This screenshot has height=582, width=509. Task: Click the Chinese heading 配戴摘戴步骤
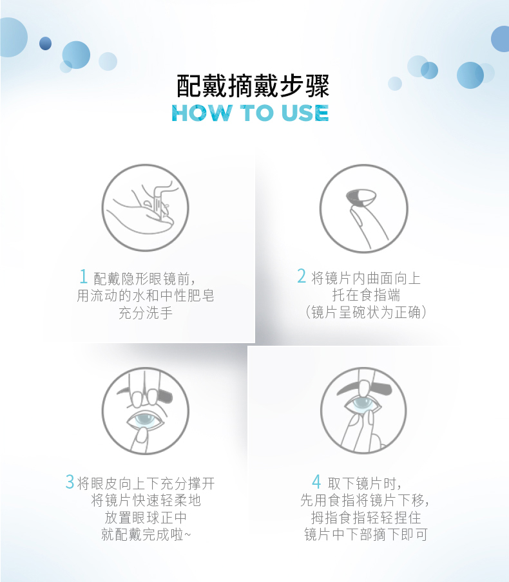pos(253,86)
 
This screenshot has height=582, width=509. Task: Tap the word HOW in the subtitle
pos(200,113)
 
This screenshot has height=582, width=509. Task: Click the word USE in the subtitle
pos(305,113)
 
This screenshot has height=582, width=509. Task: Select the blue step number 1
pos(84,276)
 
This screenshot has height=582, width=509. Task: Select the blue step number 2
pos(302,276)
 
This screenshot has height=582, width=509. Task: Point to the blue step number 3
pos(70,482)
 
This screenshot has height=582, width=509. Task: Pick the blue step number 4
pos(316,482)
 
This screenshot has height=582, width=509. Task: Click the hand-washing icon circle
pos(145,208)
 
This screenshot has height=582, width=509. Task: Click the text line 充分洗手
pos(146,313)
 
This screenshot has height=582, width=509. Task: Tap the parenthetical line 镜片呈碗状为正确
pos(366,312)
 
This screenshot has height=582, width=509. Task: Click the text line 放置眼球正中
pos(146,518)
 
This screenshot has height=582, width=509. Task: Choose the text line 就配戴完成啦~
pos(146,534)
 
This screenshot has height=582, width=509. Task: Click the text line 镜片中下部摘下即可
pos(366,534)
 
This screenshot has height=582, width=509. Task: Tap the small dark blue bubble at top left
pos(45,43)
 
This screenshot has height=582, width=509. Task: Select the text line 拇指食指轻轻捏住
pos(366,518)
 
